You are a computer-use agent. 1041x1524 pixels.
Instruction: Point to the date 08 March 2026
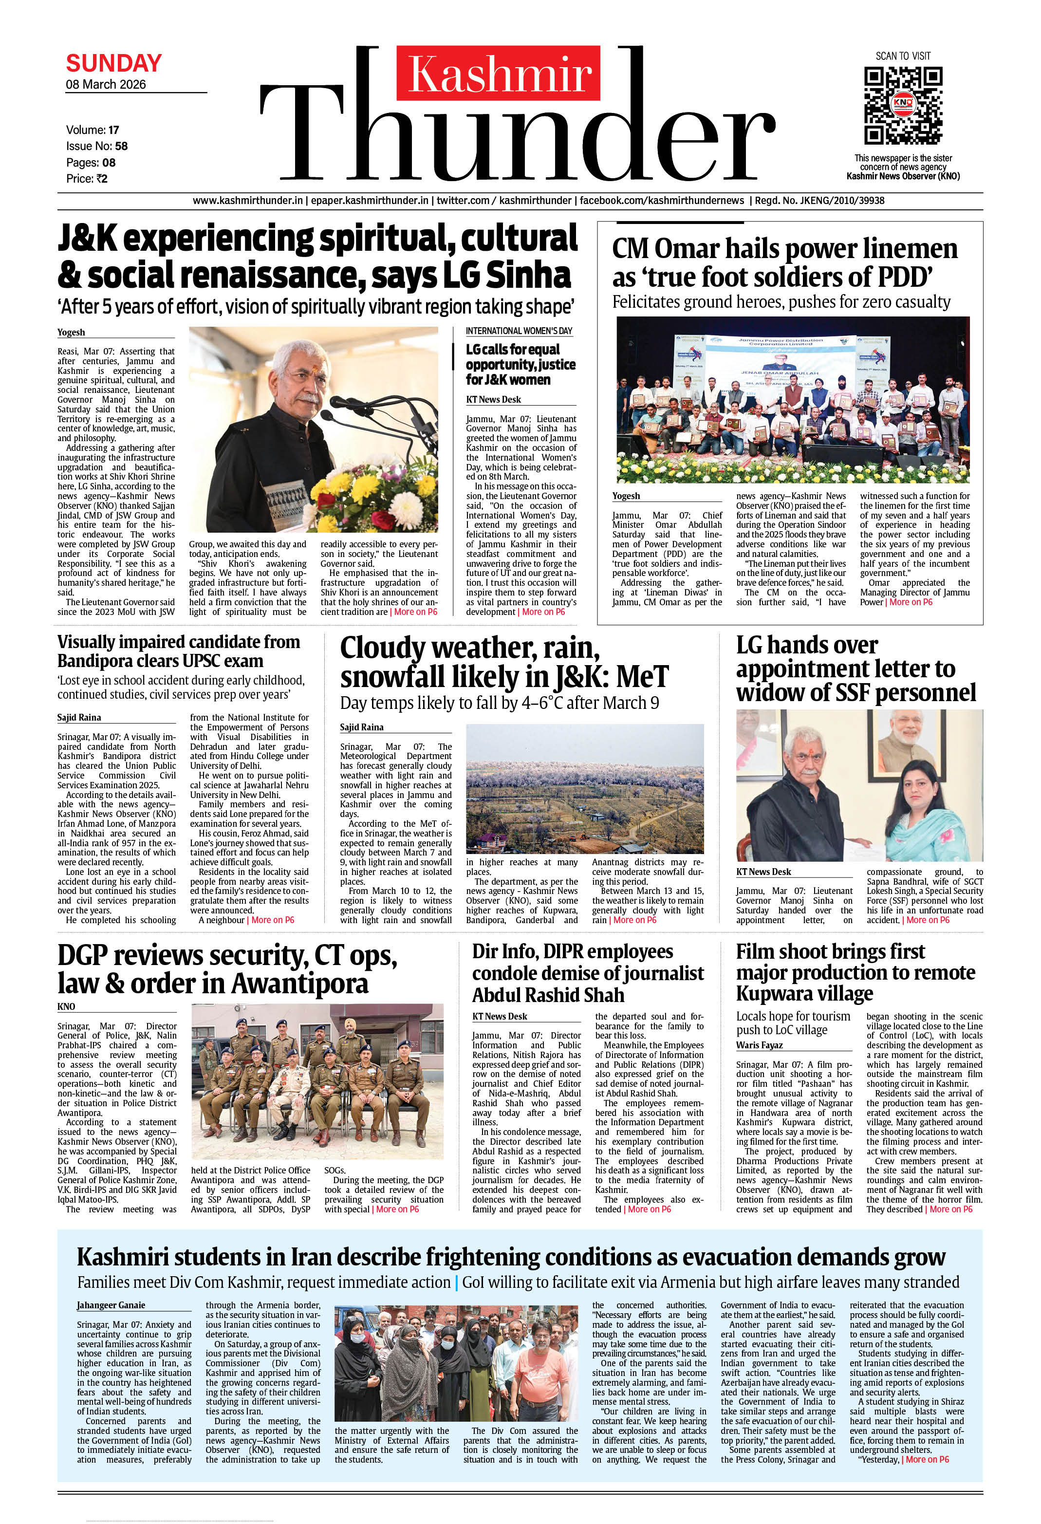click(106, 85)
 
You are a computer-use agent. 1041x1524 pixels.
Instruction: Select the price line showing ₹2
click(87, 178)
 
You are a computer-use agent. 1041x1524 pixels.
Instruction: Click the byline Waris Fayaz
click(759, 1045)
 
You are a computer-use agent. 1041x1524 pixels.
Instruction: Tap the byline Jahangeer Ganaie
click(111, 1305)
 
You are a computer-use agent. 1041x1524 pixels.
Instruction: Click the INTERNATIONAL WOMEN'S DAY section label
click(519, 331)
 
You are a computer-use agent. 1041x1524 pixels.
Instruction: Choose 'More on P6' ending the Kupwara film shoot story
click(950, 1209)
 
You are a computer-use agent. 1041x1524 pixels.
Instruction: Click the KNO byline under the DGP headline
click(66, 1006)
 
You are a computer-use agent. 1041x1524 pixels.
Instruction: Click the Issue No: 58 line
click(96, 146)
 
